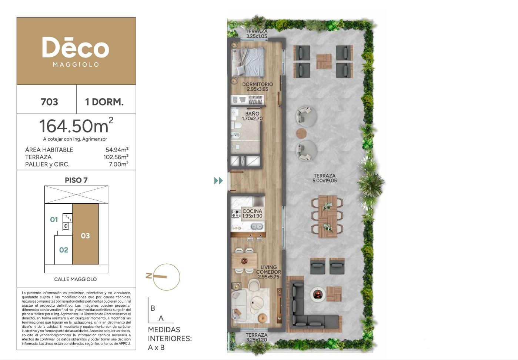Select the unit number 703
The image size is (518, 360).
(49, 102)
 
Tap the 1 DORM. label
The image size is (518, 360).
(104, 102)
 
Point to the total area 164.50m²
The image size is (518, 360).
(76, 126)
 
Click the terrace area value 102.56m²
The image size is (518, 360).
(116, 157)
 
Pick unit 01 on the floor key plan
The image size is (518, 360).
(54, 220)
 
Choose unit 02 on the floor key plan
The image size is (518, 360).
(64, 250)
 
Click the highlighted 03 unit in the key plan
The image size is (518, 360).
(85, 236)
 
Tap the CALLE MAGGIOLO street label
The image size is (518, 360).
(76, 279)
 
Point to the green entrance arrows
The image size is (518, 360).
(218, 181)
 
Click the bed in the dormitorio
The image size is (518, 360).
(248, 62)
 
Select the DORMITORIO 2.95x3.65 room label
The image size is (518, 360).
(257, 87)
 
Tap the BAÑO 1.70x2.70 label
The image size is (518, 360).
(252, 116)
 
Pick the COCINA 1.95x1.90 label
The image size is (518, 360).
(252, 214)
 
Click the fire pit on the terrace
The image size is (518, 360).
(318, 294)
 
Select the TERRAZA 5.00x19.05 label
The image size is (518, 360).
(324, 178)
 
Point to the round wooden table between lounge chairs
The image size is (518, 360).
(301, 133)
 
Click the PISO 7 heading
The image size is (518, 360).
(76, 180)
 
